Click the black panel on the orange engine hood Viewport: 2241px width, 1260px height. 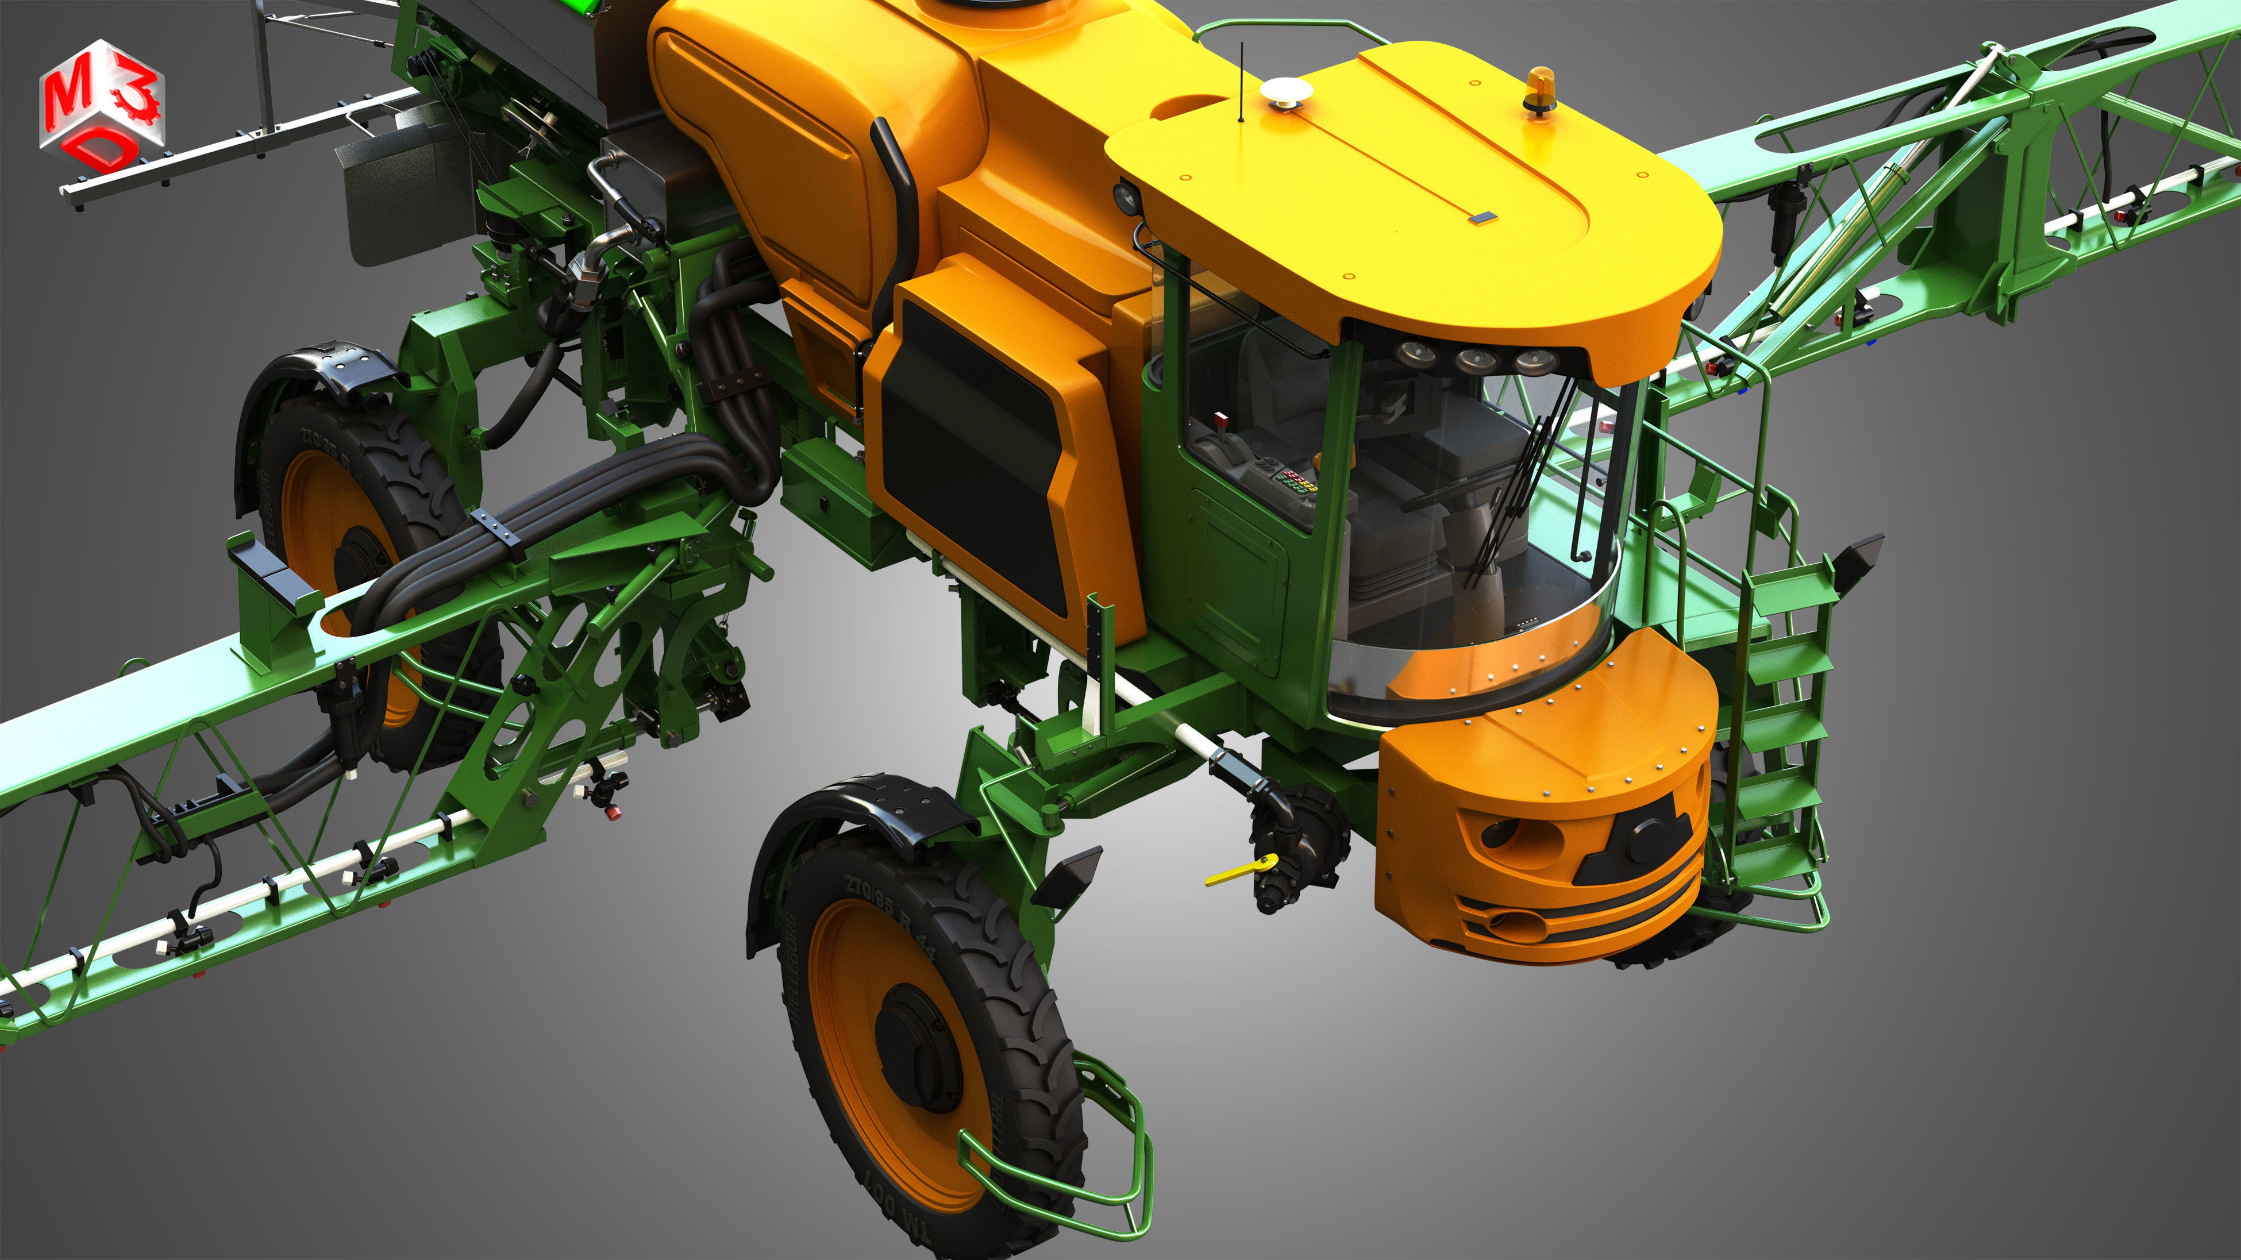point(973,452)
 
